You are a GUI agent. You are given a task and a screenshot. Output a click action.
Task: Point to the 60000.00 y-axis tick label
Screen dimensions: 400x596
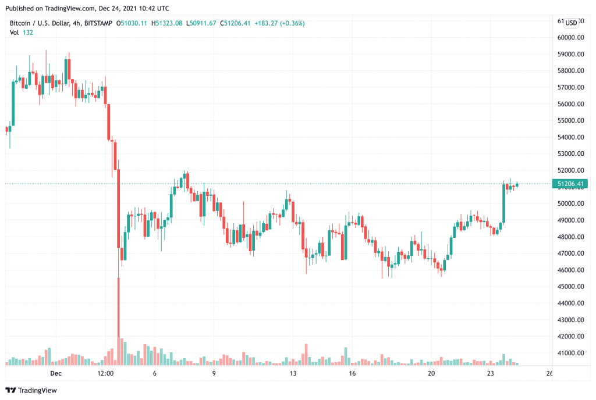click(571, 37)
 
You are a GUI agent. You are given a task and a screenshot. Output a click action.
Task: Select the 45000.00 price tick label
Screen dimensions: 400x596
click(571, 287)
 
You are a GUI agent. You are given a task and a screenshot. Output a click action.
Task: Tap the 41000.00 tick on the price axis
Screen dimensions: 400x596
click(571, 353)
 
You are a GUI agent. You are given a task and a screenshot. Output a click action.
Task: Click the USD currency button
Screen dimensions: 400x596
click(572, 23)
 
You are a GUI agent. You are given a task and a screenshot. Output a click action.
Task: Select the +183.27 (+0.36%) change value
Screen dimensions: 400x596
click(283, 23)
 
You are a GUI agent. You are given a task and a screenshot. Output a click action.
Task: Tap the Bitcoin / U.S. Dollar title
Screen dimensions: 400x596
click(41, 23)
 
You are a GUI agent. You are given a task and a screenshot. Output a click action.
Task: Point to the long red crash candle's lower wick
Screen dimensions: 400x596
click(119, 302)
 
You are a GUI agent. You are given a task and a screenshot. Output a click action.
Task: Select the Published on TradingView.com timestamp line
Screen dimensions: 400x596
click(87, 8)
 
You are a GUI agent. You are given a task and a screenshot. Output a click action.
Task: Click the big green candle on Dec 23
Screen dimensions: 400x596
click(504, 203)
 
